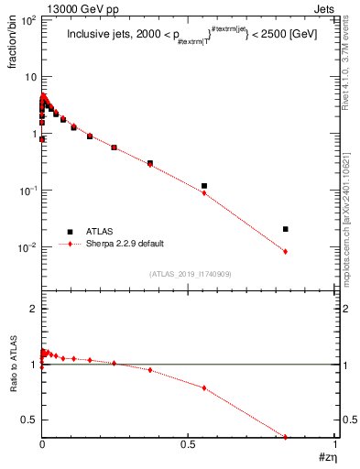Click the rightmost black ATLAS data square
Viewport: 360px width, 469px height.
[286, 229]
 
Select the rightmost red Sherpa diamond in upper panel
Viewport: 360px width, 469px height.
[286, 251]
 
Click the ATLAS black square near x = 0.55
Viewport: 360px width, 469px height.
[204, 186]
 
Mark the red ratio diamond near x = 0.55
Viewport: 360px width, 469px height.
[204, 387]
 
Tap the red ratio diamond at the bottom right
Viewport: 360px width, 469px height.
[286, 437]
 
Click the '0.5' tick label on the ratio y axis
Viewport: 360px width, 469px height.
[28, 420]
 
